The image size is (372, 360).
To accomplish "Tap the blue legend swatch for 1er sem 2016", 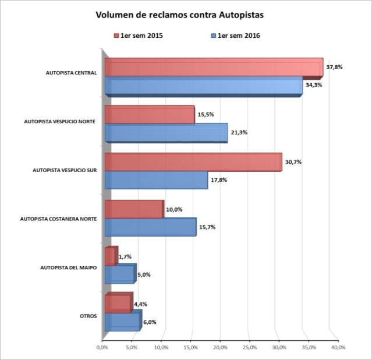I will [x=214, y=37].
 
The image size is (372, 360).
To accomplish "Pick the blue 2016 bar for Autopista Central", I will [x=204, y=86].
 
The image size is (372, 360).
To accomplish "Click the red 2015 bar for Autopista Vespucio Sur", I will [x=193, y=162].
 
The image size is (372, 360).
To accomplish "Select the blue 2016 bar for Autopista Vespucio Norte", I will [x=166, y=133].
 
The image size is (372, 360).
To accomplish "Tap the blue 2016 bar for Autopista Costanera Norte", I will [x=151, y=227].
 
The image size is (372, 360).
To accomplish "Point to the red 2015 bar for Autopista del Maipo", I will [x=111, y=256].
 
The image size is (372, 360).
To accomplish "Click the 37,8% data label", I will [x=334, y=67].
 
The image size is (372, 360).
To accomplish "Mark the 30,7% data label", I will [x=293, y=162].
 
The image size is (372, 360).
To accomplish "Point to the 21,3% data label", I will [x=239, y=133].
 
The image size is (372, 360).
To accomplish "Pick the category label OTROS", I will [x=88, y=316].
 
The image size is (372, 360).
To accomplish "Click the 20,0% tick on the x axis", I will [x=220, y=347].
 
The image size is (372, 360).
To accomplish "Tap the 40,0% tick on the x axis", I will [x=338, y=347].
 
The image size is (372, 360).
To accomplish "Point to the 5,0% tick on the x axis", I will [x=132, y=347].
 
